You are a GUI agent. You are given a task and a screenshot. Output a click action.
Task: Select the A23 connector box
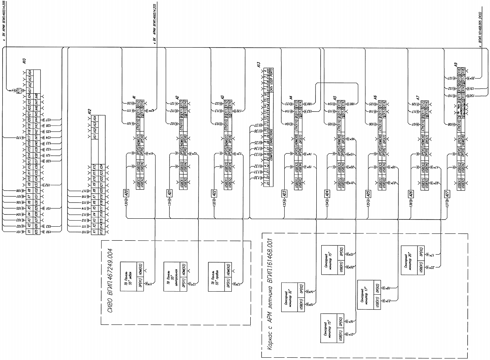[284, 193]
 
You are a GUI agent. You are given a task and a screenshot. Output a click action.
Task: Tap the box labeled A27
[447, 194]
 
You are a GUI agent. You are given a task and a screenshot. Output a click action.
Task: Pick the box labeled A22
[214, 193]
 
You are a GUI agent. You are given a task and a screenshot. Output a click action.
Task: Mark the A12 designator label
[89, 112]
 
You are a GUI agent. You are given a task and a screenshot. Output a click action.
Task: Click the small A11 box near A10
[19, 91]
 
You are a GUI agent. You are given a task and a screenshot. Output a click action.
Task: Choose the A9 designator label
[456, 65]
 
